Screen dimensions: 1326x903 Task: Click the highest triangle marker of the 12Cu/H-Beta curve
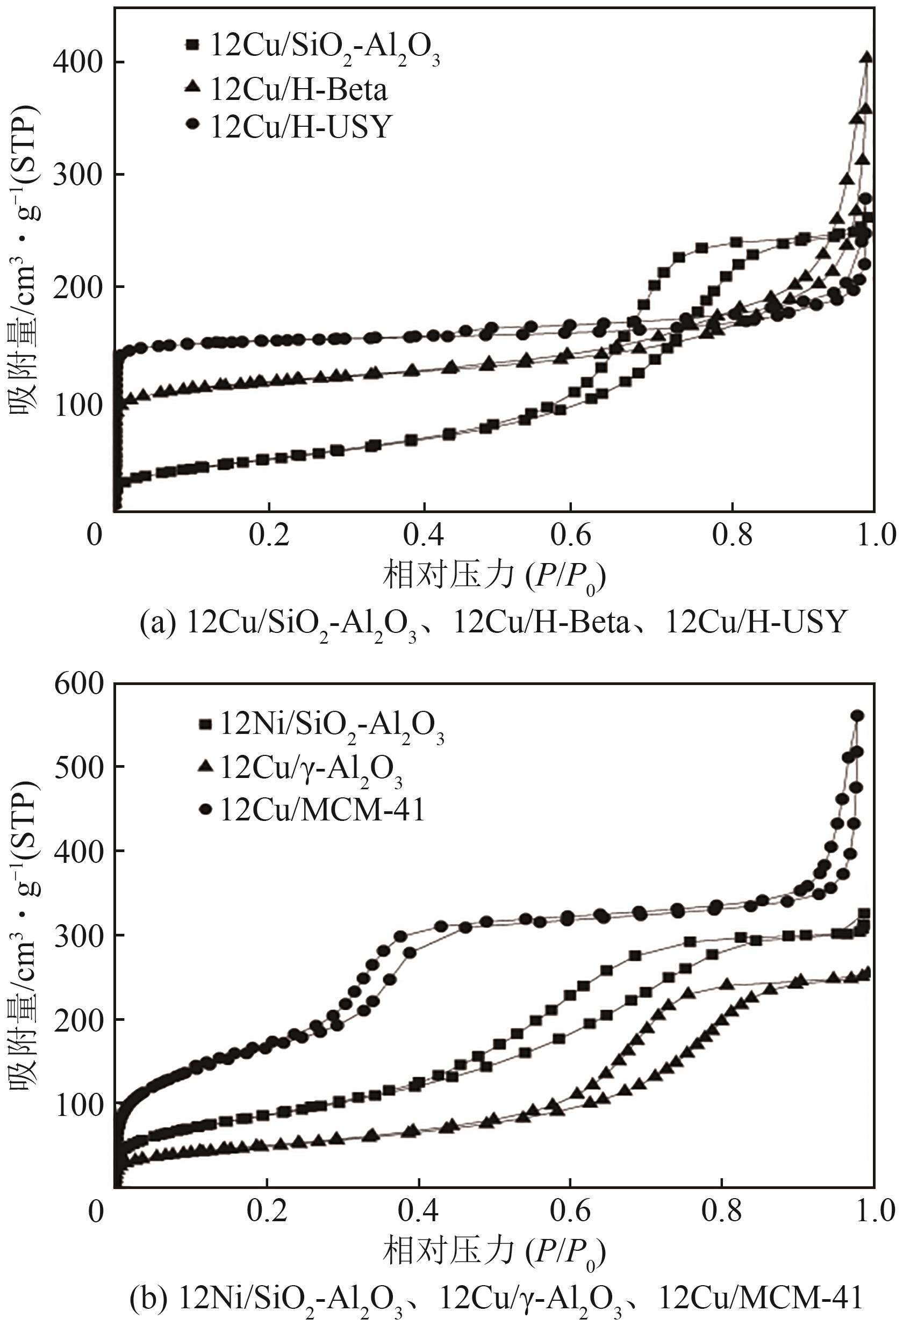point(867,57)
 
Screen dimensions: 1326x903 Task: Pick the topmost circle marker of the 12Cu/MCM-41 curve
point(857,716)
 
